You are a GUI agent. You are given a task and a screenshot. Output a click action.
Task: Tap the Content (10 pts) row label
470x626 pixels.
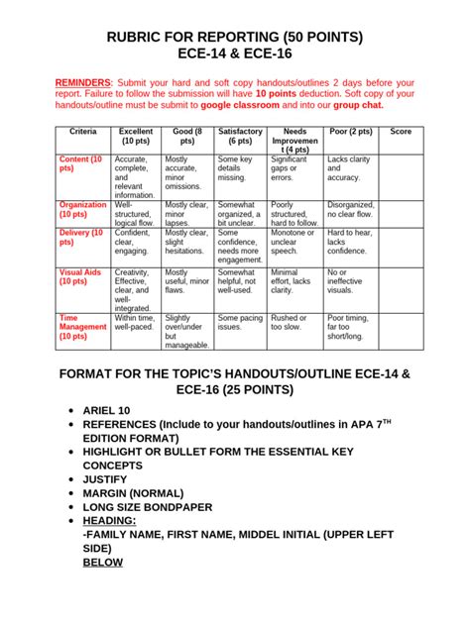(80, 163)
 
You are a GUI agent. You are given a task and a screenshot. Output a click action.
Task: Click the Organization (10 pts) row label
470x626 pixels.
(82, 209)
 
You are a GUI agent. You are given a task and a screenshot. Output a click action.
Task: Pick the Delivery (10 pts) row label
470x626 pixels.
(80, 239)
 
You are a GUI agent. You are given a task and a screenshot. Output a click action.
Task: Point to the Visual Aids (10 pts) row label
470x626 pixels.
(80, 277)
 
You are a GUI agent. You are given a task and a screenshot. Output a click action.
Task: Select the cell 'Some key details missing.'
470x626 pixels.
(238, 168)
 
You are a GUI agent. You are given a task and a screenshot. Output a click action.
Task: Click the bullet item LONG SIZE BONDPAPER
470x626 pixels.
(163, 509)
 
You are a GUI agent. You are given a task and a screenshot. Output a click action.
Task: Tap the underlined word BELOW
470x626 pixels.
(104, 562)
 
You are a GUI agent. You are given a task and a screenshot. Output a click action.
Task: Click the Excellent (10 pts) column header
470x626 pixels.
(136, 136)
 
